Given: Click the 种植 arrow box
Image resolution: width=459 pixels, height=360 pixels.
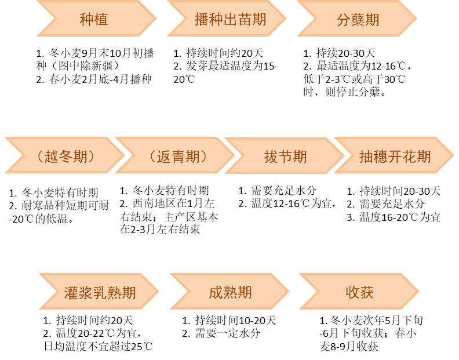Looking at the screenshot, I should coord(94,19).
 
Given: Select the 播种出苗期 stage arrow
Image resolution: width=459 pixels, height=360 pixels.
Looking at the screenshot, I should coord(230,19).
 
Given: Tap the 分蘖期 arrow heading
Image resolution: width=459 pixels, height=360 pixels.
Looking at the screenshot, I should coord(358,19).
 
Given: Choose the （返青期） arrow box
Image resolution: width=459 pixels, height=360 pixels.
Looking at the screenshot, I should coord(174,157).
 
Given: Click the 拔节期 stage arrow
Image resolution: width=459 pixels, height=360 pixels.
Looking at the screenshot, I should coord(285,157).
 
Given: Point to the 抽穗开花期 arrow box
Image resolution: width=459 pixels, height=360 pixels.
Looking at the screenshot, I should coord(394,157).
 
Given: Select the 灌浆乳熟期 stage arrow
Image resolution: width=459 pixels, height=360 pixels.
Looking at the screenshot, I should coord(100,292).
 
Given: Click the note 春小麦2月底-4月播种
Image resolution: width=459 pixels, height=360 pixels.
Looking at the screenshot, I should coord(93,79).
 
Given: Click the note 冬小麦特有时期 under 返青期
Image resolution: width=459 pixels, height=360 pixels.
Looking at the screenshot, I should coord(164,190).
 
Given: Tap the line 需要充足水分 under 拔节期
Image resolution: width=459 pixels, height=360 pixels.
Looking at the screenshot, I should coord(278,191).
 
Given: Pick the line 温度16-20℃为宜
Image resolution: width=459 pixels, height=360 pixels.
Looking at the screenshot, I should coord(394,217).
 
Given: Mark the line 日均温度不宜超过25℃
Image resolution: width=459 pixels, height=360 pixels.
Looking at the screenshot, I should coord(99,347).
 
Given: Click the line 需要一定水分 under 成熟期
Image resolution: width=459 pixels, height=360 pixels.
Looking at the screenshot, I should coord(221,333).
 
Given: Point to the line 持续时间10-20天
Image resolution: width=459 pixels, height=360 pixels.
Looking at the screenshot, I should coord(229,320).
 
